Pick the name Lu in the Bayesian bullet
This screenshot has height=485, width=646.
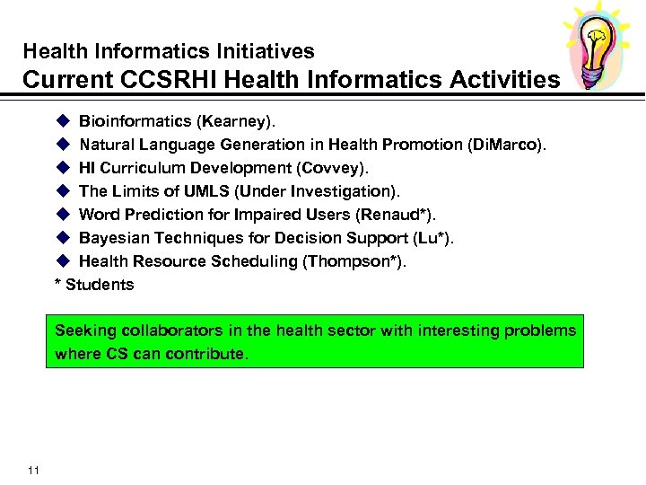click(436, 238)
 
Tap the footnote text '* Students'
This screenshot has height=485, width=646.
click(94, 285)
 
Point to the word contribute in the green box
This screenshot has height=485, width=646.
click(204, 354)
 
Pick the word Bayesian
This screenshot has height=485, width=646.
click(111, 238)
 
